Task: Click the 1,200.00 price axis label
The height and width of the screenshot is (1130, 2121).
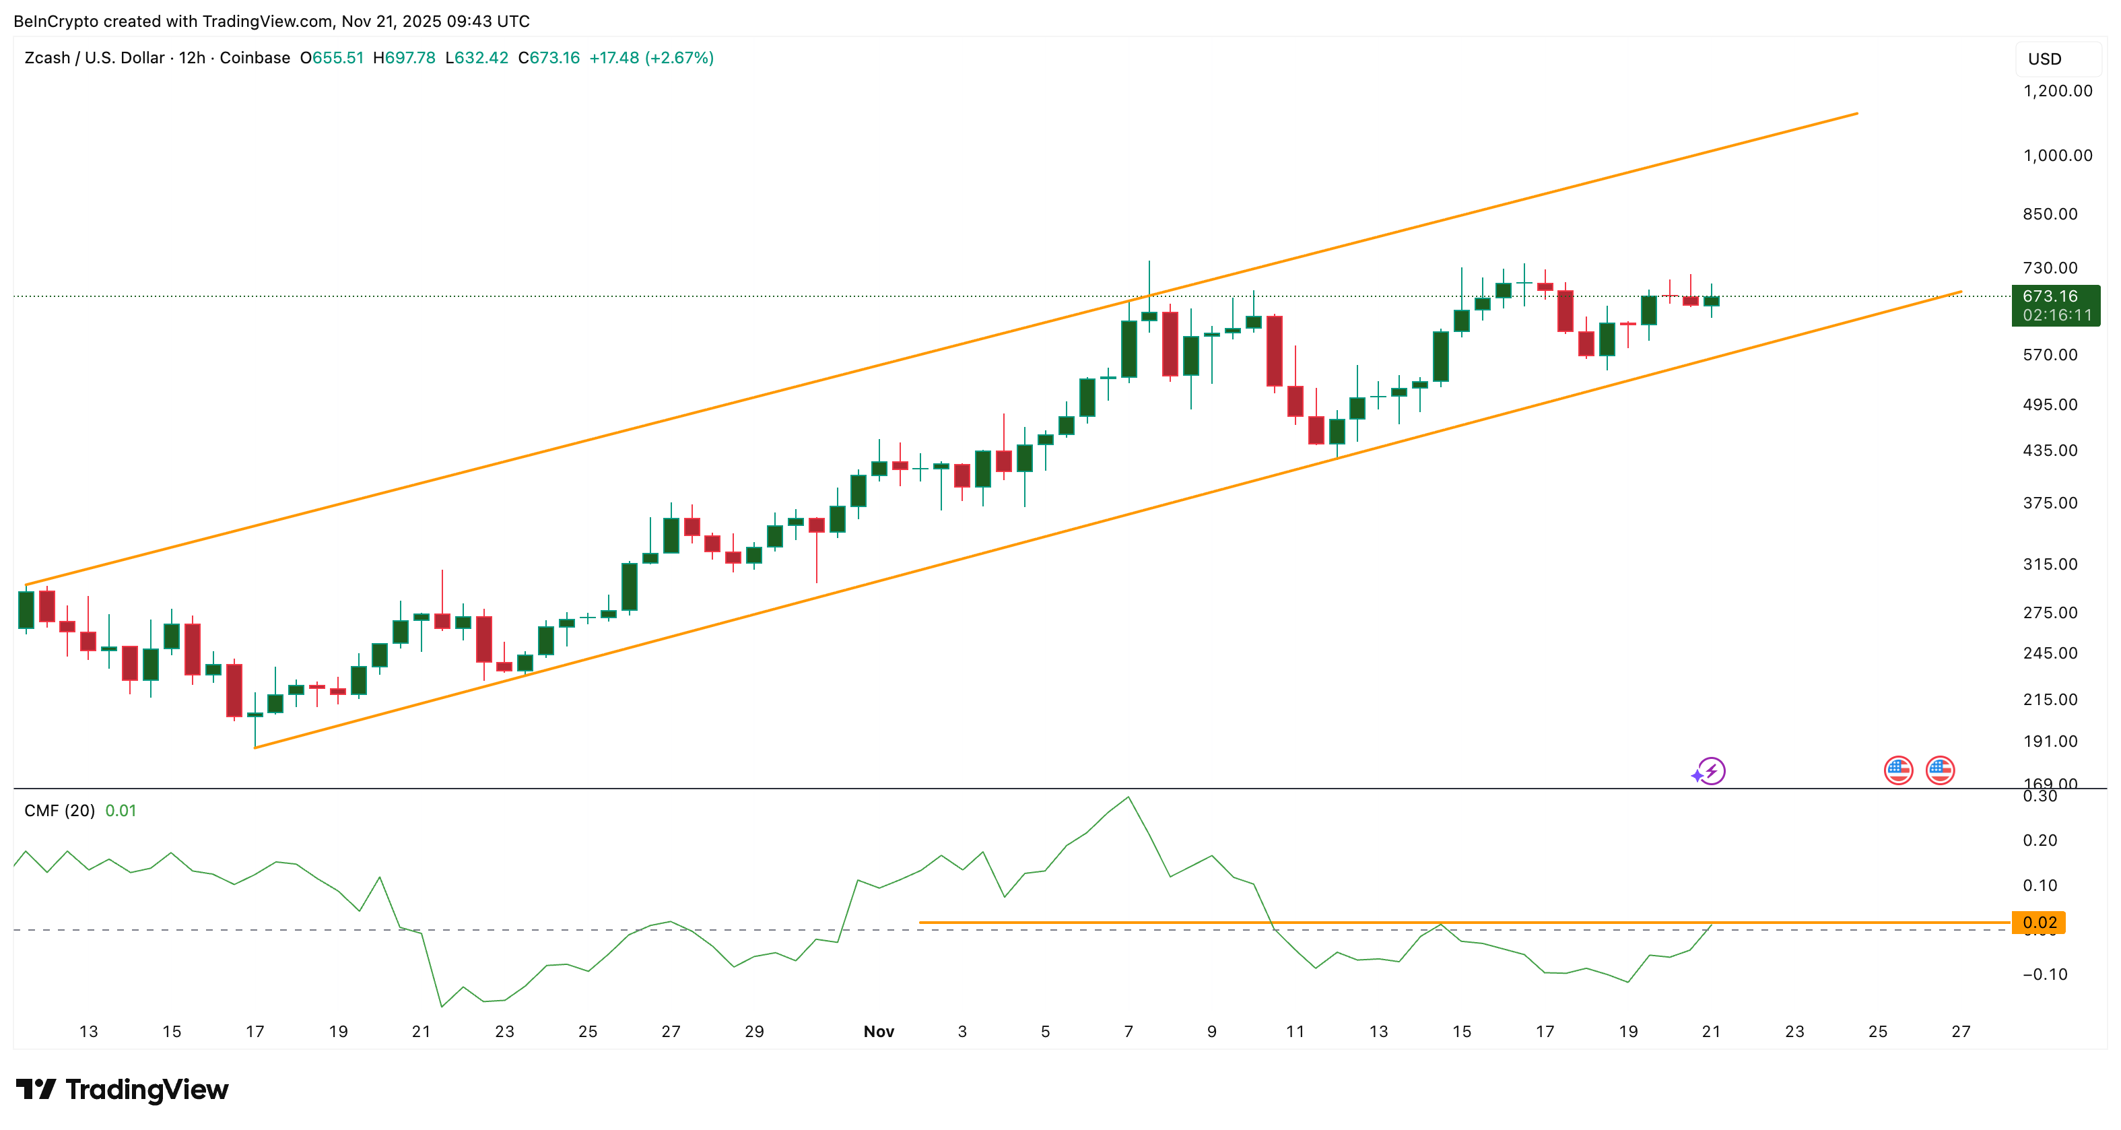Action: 2057,91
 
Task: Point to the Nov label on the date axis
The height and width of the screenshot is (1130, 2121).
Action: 879,1031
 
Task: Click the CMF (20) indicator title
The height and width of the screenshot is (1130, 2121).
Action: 59,810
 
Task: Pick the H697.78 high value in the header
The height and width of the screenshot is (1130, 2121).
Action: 403,58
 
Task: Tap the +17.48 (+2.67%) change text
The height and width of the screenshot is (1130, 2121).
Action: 651,58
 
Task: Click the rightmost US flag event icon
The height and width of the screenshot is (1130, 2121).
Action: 1940,770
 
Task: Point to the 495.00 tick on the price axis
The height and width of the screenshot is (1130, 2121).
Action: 2050,405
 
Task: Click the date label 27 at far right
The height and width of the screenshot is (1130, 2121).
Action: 1961,1031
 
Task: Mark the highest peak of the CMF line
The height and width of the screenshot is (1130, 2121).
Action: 1128,797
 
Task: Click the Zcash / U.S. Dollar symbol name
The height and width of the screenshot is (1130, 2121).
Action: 94,58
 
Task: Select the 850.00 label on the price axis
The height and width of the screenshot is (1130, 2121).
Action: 2050,214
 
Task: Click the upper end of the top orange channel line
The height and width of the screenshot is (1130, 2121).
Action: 1856,114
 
